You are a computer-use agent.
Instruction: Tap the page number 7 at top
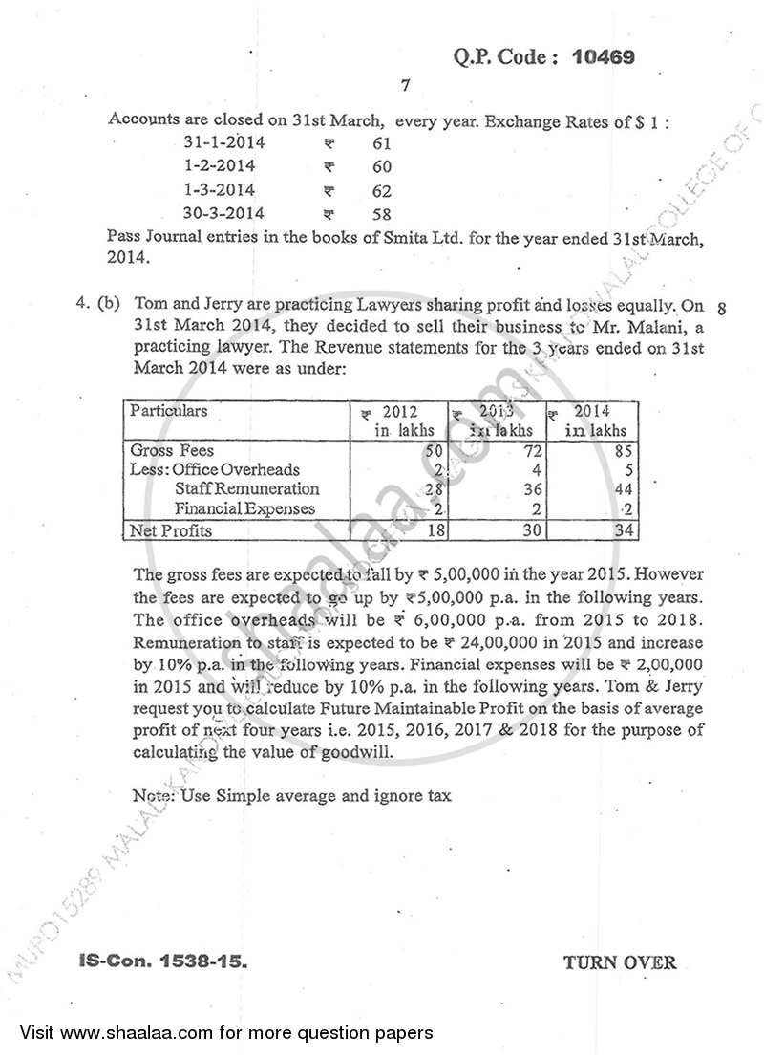point(405,86)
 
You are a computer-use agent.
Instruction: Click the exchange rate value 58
point(381,214)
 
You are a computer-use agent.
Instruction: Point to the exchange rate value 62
point(381,191)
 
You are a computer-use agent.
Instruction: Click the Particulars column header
point(168,412)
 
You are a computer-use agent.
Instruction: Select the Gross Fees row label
point(172,450)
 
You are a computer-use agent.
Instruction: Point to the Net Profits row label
point(171,530)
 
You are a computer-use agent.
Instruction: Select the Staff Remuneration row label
point(240,489)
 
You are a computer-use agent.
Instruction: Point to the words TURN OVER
point(619,962)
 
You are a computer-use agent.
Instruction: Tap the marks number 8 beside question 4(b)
point(721,309)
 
